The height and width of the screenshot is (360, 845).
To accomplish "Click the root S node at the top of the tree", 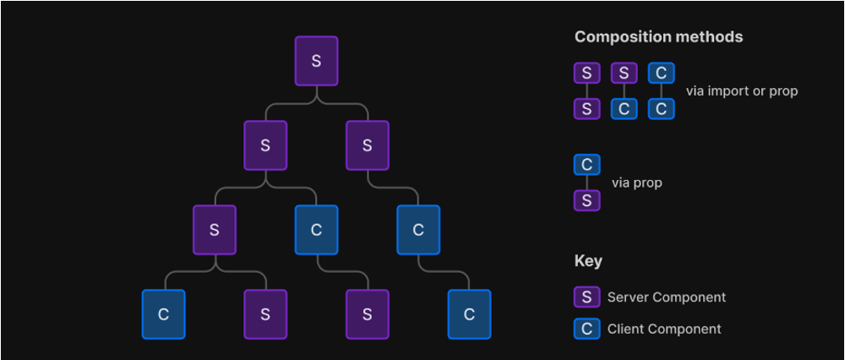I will [x=316, y=61].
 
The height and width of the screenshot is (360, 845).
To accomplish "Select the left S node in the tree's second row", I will [x=265, y=145].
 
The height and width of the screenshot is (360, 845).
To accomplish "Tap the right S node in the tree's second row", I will [x=367, y=145].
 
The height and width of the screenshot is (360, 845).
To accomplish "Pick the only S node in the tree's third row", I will [x=215, y=230].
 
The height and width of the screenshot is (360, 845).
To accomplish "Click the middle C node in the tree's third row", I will [x=316, y=230].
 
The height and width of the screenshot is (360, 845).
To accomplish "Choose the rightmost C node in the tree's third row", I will [x=417, y=230].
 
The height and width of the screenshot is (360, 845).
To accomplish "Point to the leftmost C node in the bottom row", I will [x=164, y=314].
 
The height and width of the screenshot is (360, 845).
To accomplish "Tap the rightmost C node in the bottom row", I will [x=469, y=314].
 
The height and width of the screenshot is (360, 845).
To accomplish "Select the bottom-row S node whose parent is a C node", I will [x=367, y=314].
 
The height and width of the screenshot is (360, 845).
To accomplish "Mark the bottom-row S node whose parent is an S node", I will [x=265, y=314].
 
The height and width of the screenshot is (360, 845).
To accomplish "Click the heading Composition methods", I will [x=658, y=37].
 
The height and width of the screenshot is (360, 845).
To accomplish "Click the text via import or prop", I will [x=741, y=91].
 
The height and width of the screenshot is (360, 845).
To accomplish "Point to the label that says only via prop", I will [x=636, y=183].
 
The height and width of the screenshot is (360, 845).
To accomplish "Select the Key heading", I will [x=588, y=260].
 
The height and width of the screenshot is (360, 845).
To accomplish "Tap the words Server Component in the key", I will [x=666, y=297].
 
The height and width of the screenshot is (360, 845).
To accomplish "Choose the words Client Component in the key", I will [x=664, y=329].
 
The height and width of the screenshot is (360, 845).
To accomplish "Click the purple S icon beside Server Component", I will [x=586, y=297].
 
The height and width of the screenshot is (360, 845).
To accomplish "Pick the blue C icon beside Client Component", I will [x=586, y=329].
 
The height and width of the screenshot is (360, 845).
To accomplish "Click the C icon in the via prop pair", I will [x=586, y=164].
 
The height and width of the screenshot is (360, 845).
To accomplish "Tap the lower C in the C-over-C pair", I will [x=662, y=109].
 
